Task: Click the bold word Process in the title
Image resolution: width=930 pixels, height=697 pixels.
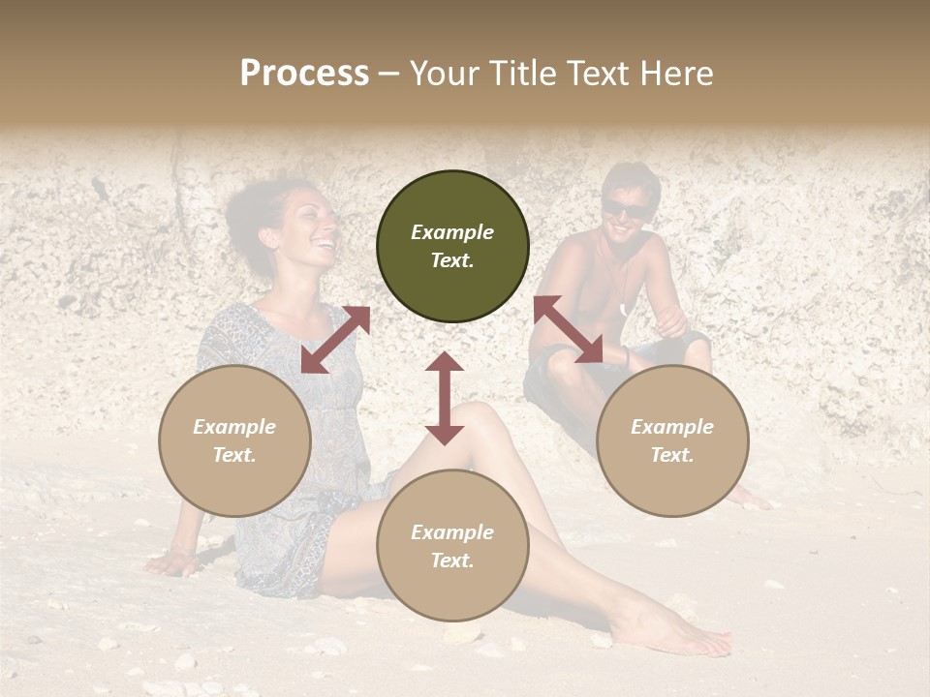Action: coord(304,74)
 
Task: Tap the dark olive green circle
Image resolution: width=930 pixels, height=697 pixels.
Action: coord(452,246)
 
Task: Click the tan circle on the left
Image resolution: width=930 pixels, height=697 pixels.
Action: coord(234,440)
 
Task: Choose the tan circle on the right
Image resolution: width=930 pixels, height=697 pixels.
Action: coord(672,440)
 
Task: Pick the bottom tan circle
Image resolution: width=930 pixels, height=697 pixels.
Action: coord(452,546)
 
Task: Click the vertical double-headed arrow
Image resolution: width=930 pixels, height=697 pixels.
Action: coord(445,398)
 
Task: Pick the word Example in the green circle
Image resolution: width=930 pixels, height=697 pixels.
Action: coord(452,232)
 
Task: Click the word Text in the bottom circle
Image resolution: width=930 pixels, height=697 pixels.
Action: coord(451,561)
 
